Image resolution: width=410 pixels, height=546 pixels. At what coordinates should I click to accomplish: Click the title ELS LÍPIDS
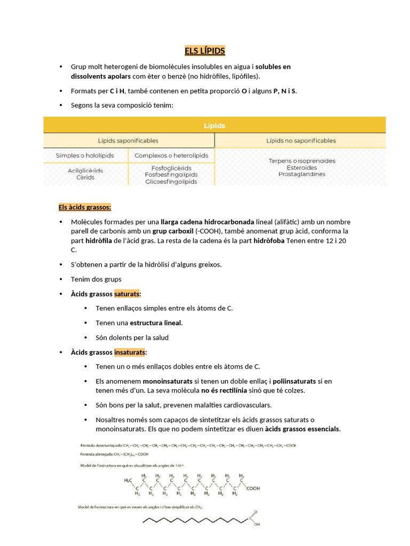[x=205, y=51]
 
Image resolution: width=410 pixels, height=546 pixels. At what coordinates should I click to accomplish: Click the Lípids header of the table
[x=214, y=126]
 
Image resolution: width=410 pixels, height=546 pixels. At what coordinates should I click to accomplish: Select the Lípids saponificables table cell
[x=128, y=141]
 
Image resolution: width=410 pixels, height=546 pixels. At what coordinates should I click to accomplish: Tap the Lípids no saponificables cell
[x=301, y=141]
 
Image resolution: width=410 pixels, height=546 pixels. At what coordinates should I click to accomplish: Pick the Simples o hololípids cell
[x=85, y=156]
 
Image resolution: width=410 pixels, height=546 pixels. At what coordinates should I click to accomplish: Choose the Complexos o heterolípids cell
[x=171, y=156]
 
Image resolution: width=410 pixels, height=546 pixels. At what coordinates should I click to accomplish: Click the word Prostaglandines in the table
[x=301, y=174]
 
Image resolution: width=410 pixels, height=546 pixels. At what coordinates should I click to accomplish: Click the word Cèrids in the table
[x=85, y=178]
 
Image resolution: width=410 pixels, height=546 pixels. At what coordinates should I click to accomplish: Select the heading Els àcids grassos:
[x=85, y=207]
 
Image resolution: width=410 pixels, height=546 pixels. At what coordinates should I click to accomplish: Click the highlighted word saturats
[x=127, y=294]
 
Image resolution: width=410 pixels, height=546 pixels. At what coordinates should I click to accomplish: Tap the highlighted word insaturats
[x=130, y=352]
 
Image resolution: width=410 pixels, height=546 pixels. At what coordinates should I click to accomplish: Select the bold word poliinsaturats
[x=293, y=381]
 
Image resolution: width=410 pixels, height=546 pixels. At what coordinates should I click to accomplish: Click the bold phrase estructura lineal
[x=156, y=323]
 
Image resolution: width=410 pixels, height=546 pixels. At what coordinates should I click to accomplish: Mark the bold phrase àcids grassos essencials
[x=302, y=429]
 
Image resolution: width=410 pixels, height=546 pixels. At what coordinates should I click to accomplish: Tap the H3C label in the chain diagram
[x=129, y=480]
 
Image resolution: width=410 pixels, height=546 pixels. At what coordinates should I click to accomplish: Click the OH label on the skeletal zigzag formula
[x=257, y=524]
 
